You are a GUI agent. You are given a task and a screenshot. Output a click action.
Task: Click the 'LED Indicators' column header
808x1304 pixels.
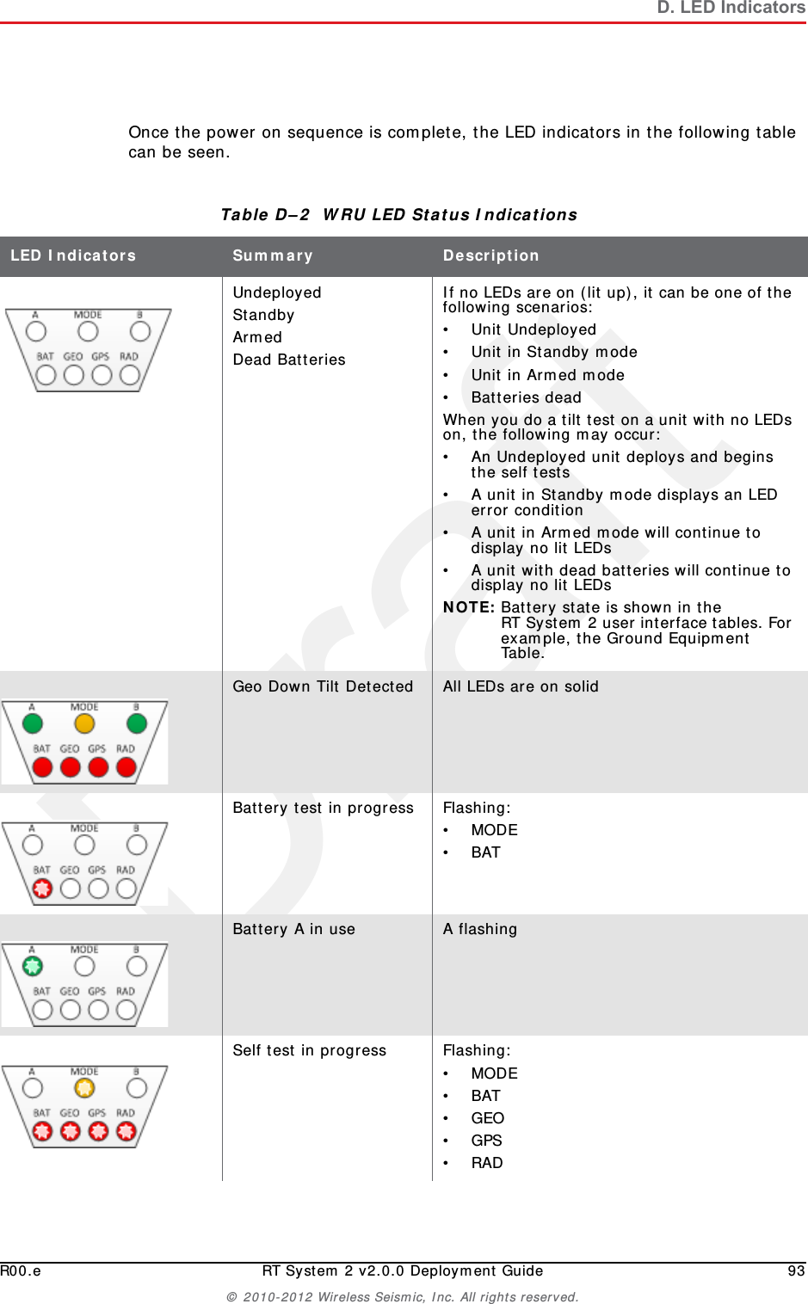[73, 255]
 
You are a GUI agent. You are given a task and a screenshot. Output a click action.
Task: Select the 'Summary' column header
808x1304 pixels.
[272, 255]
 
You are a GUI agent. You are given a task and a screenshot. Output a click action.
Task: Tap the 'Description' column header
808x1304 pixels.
[490, 255]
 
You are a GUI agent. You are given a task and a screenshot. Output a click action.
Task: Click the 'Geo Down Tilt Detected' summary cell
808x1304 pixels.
[323, 686]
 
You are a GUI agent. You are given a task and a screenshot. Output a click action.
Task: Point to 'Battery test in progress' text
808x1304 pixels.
[323, 808]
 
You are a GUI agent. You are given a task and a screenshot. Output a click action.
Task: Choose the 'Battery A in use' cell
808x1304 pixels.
[293, 929]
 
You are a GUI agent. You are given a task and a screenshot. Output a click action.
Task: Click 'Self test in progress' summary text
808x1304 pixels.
[309, 1050]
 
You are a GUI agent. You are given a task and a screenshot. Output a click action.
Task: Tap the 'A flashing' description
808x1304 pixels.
[479, 929]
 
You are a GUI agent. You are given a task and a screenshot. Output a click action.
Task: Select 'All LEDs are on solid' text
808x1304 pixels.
[520, 686]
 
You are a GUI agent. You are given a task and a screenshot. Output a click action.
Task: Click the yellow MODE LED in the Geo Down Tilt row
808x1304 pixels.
[84, 723]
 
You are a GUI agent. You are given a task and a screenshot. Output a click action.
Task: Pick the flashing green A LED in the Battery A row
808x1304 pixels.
[33, 966]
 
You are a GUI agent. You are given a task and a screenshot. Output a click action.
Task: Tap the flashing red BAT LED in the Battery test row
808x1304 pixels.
[42, 889]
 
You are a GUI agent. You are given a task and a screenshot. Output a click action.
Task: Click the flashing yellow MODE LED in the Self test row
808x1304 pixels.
[84, 1088]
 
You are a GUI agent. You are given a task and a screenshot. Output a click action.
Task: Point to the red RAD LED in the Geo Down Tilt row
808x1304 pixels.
[126, 767]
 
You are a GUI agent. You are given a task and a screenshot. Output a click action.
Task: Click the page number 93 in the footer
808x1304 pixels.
[796, 1270]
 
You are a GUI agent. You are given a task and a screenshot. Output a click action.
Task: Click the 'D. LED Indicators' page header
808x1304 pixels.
[731, 8]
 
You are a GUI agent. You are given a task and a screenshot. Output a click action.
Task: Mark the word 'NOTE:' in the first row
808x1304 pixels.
[468, 607]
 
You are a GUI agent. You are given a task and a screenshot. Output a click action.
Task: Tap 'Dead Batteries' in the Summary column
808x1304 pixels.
[289, 360]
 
